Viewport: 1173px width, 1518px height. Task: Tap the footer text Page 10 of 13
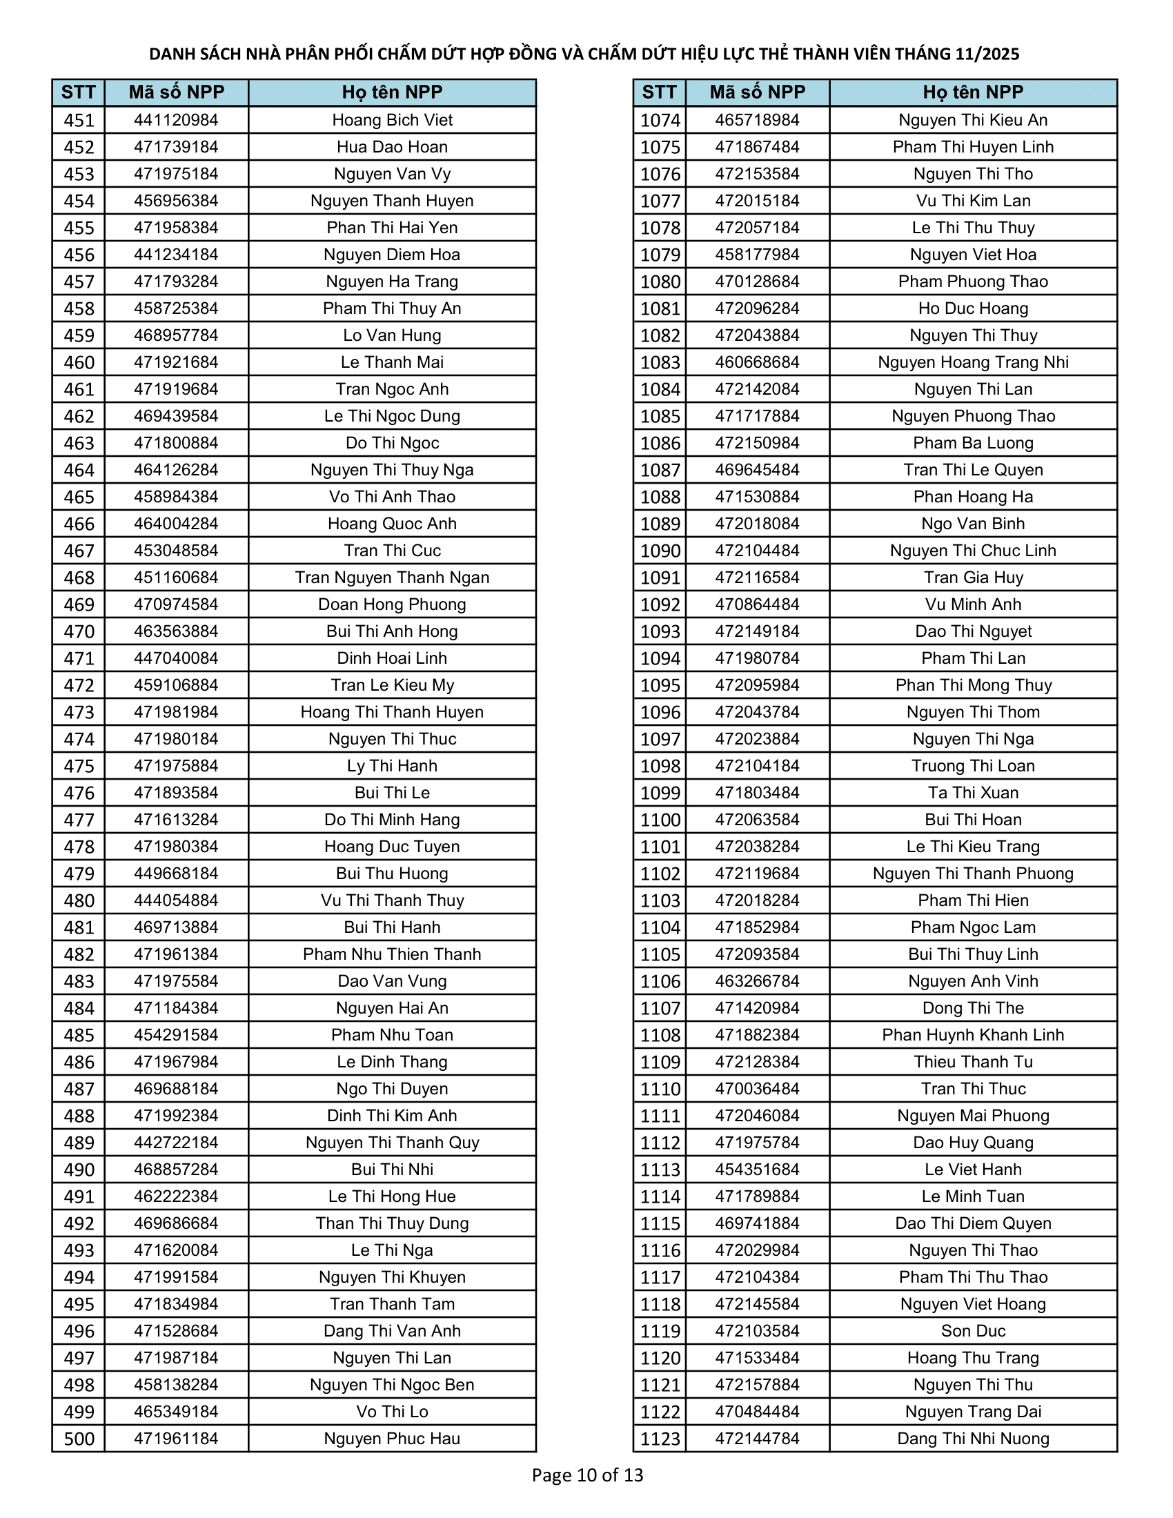(587, 1475)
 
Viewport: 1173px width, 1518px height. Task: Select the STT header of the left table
(78, 92)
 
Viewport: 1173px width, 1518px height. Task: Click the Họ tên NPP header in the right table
(973, 92)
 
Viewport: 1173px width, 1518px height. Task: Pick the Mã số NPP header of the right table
(758, 92)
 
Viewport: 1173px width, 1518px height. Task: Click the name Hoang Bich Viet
(392, 120)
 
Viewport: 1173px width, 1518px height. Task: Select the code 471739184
(176, 148)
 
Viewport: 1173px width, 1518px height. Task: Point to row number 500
(79, 1439)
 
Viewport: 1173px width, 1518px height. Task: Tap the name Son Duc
(973, 1331)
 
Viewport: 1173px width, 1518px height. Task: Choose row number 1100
(660, 820)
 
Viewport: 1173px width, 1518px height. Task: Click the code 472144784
(758, 1439)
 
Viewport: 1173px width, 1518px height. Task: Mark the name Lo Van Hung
(392, 336)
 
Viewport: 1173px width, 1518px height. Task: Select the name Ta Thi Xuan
(973, 793)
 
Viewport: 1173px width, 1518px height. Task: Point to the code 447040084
(176, 658)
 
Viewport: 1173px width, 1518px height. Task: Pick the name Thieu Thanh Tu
(973, 1062)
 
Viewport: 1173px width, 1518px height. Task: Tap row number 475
(79, 766)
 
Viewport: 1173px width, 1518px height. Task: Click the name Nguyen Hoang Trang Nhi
(973, 362)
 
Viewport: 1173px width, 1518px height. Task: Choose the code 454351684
(758, 1170)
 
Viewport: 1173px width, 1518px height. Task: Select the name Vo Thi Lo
(392, 1412)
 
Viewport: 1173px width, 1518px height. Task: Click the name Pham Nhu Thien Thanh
(392, 954)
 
